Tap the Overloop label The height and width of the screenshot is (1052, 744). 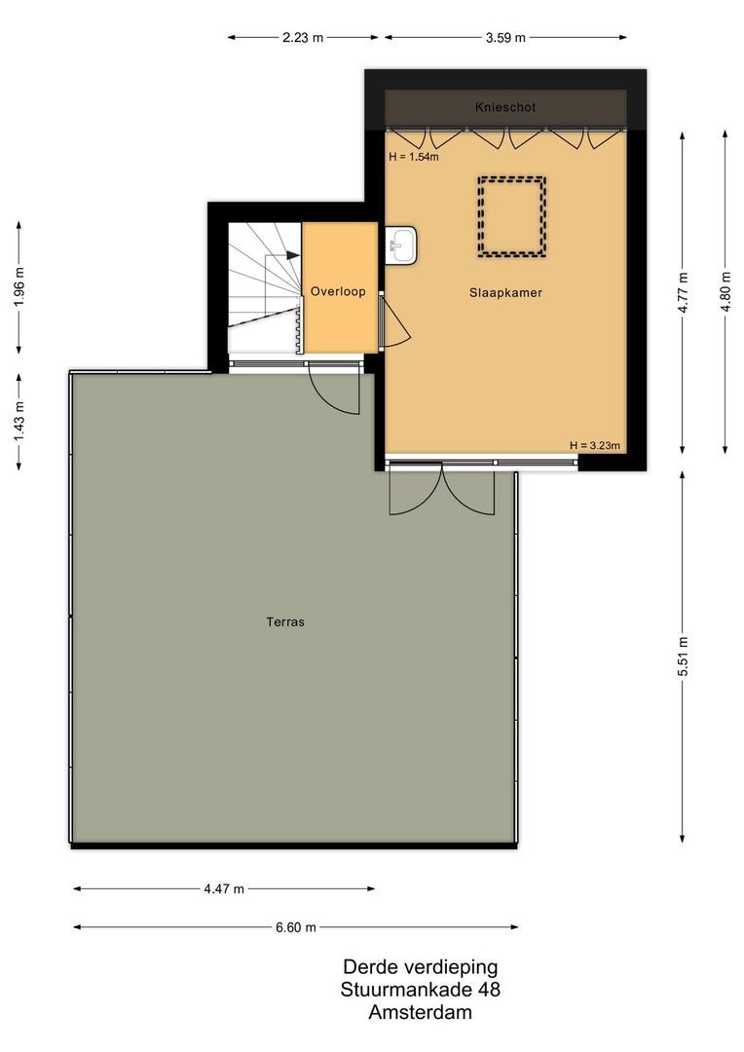[x=338, y=291]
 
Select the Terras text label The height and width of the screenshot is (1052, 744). [x=285, y=621]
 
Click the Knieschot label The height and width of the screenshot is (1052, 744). [x=505, y=107]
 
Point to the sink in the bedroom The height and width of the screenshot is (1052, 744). [x=402, y=245]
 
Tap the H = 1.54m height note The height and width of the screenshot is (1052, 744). [x=413, y=157]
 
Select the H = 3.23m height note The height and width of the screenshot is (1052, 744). [x=595, y=446]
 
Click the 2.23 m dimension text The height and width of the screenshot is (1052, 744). [x=303, y=38]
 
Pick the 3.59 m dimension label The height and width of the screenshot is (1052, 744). [x=505, y=38]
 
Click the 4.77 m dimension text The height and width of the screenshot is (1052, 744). [x=683, y=291]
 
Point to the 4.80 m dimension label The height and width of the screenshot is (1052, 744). [x=725, y=291]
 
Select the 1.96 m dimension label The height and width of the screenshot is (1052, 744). [x=19, y=287]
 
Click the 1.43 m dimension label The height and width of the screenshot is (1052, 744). [x=19, y=422]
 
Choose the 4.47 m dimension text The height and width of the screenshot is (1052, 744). [x=224, y=888]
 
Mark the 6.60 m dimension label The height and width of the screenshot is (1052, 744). [x=296, y=927]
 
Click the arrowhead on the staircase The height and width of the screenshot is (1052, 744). [x=293, y=254]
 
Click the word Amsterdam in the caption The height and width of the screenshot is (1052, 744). [x=420, y=1012]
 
